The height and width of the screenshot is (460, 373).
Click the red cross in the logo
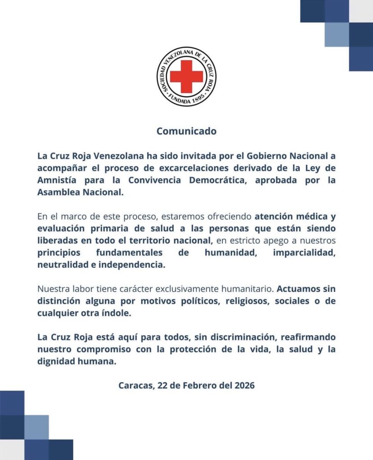[186, 76]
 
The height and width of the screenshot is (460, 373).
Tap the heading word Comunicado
[186, 132]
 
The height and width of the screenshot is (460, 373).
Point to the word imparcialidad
[304, 252]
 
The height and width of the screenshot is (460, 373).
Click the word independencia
[130, 265]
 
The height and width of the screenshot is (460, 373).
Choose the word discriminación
[235, 336]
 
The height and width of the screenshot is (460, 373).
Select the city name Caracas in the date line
[136, 385]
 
